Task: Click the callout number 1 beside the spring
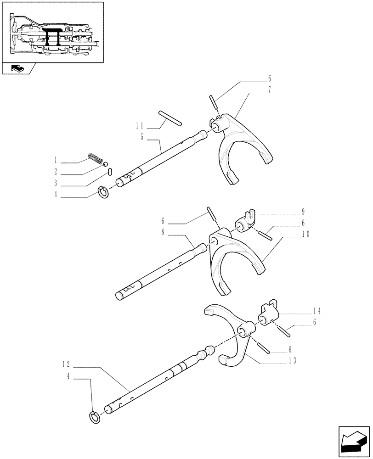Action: [55, 161]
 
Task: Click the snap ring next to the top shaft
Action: [104, 193]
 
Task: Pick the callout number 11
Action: [140, 125]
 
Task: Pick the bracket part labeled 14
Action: [268, 313]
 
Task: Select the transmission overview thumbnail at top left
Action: [52, 33]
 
